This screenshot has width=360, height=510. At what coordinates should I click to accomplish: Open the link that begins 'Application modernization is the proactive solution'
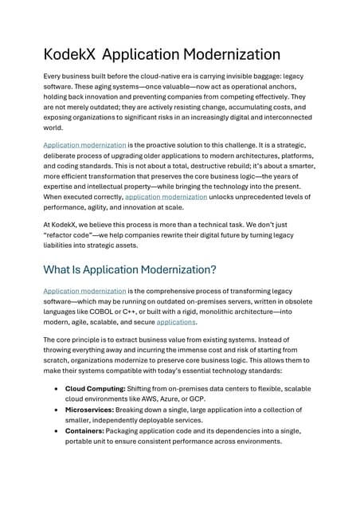click(x=84, y=145)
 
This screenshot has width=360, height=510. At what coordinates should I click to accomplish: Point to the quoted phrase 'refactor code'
click(x=74, y=235)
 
